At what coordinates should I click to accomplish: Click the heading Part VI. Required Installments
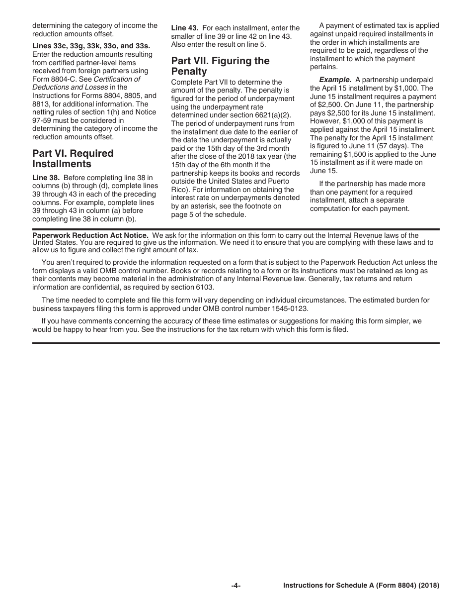73,159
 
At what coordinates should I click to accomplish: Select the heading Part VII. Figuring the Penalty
220,66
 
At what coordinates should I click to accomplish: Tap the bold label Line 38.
46,178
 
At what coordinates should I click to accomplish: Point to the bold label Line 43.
184,28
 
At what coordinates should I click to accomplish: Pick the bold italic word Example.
335,80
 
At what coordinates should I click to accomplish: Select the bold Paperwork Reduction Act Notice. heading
90,235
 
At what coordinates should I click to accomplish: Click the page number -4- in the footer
236,586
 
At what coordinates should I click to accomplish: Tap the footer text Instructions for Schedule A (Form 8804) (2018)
361,586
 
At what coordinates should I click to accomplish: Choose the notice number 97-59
42,120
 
